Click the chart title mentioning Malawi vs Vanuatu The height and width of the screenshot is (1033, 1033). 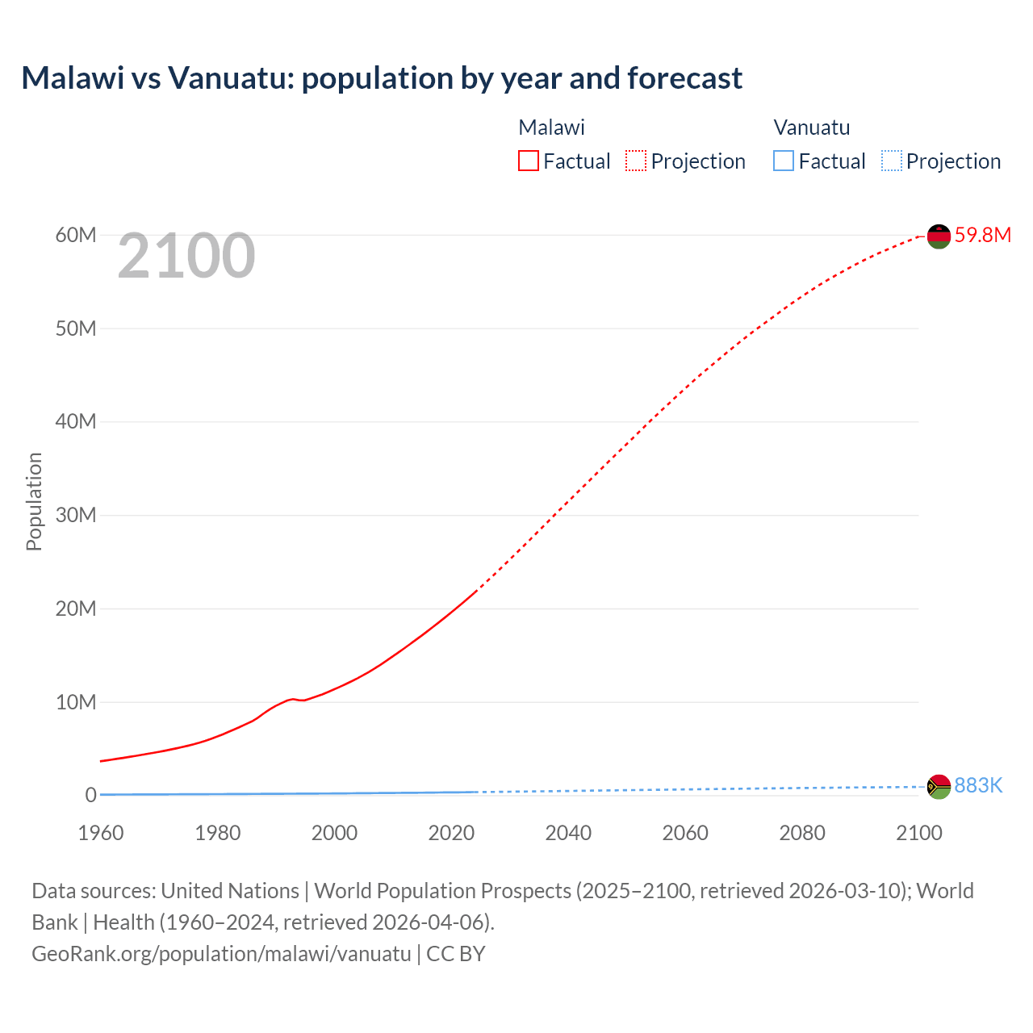tap(382, 78)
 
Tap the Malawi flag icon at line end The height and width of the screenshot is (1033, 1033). tap(939, 236)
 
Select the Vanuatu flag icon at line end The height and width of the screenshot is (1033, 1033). tap(939, 787)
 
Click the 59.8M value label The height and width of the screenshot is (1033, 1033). tap(982, 235)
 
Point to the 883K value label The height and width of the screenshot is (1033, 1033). tap(978, 785)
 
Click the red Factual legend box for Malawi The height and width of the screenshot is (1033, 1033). tap(529, 161)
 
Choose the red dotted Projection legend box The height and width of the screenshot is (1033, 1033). tap(636, 161)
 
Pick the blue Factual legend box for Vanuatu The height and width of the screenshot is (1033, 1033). tap(784, 161)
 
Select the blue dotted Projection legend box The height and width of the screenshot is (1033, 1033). tap(892, 161)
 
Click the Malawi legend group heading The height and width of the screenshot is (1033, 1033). tap(551, 128)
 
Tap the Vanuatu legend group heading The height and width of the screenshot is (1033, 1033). tap(812, 128)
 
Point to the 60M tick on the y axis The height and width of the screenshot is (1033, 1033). tap(76, 235)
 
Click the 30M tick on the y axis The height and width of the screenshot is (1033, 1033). tap(76, 515)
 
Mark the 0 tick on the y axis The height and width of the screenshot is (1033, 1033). tap(90, 795)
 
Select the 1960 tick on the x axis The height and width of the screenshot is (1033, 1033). tap(101, 833)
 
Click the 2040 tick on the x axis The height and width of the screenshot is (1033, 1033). tap(568, 833)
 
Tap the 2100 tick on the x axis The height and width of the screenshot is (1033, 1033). tap(918, 833)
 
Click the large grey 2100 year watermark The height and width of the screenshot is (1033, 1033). tap(186, 256)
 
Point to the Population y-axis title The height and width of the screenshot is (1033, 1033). tap(34, 501)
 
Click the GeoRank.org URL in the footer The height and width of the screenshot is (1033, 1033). tap(221, 953)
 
